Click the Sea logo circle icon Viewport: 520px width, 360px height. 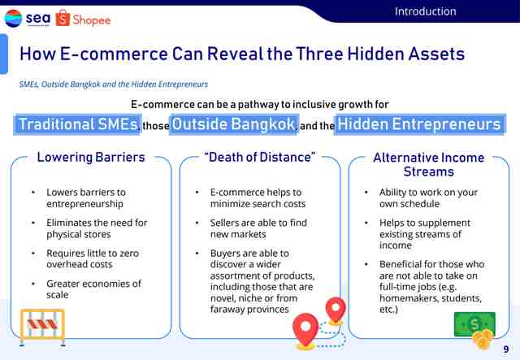[x=13, y=18]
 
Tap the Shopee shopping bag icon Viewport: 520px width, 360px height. [x=63, y=18]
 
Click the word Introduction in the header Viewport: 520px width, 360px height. [x=426, y=11]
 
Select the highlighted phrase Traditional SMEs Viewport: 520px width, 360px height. [x=78, y=124]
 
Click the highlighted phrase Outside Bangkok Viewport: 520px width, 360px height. [x=234, y=124]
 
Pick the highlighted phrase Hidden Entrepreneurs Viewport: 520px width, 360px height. [x=419, y=124]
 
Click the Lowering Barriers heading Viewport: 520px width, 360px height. [x=91, y=158]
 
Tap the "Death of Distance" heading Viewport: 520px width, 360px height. [x=260, y=158]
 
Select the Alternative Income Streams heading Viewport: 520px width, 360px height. [x=428, y=165]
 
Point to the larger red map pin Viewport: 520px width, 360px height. [x=305, y=331]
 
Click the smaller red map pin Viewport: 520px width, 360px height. [x=336, y=310]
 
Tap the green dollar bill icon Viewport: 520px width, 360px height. [x=474, y=323]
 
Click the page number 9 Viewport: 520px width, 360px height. [x=506, y=349]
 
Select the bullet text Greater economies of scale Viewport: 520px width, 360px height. [x=94, y=289]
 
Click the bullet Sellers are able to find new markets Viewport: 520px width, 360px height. [x=258, y=228]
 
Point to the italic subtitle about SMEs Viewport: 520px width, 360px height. [x=114, y=85]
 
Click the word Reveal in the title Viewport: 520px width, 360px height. [x=235, y=54]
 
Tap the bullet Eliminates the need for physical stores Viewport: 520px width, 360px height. [x=97, y=228]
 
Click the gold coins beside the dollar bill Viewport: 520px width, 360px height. [x=483, y=339]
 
